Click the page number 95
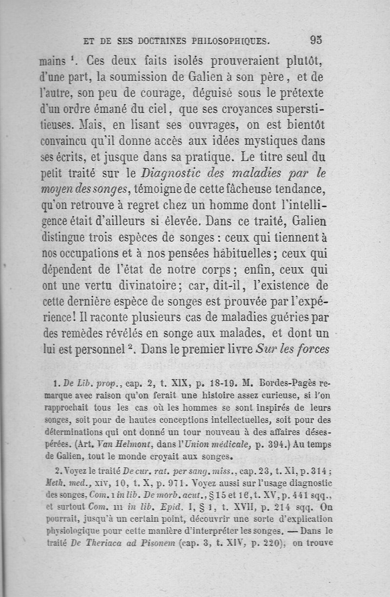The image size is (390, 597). [315, 41]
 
